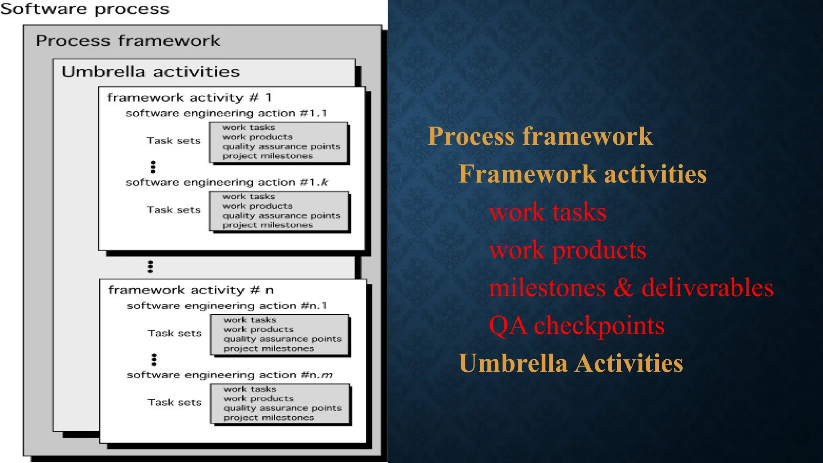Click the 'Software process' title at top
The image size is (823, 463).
pyautogui.click(x=85, y=9)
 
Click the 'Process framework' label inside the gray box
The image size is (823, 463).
pyautogui.click(x=128, y=41)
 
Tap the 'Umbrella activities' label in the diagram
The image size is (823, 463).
pyautogui.click(x=151, y=72)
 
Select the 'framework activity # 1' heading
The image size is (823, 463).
pyautogui.click(x=189, y=98)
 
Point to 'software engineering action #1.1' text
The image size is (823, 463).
pyautogui.click(x=226, y=113)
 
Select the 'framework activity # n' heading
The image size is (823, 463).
pyautogui.click(x=190, y=290)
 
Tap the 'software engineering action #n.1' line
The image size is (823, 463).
pyautogui.click(x=227, y=306)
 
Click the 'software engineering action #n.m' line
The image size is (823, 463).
pyautogui.click(x=229, y=375)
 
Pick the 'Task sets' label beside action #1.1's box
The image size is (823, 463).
pyautogui.click(x=173, y=141)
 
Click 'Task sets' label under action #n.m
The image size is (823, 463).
pyautogui.click(x=174, y=402)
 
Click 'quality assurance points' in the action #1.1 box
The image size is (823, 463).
pyautogui.click(x=281, y=147)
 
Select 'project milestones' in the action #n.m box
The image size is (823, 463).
pyautogui.click(x=268, y=418)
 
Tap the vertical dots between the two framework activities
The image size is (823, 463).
pyautogui.click(x=150, y=266)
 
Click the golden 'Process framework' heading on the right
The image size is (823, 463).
pyautogui.click(x=540, y=136)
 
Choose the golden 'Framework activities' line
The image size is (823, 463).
pyautogui.click(x=582, y=174)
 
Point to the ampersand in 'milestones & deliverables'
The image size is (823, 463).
pyautogui.click(x=623, y=288)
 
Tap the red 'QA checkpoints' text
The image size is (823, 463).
pyautogui.click(x=576, y=326)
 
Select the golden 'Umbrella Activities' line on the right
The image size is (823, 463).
pyautogui.click(x=571, y=363)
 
